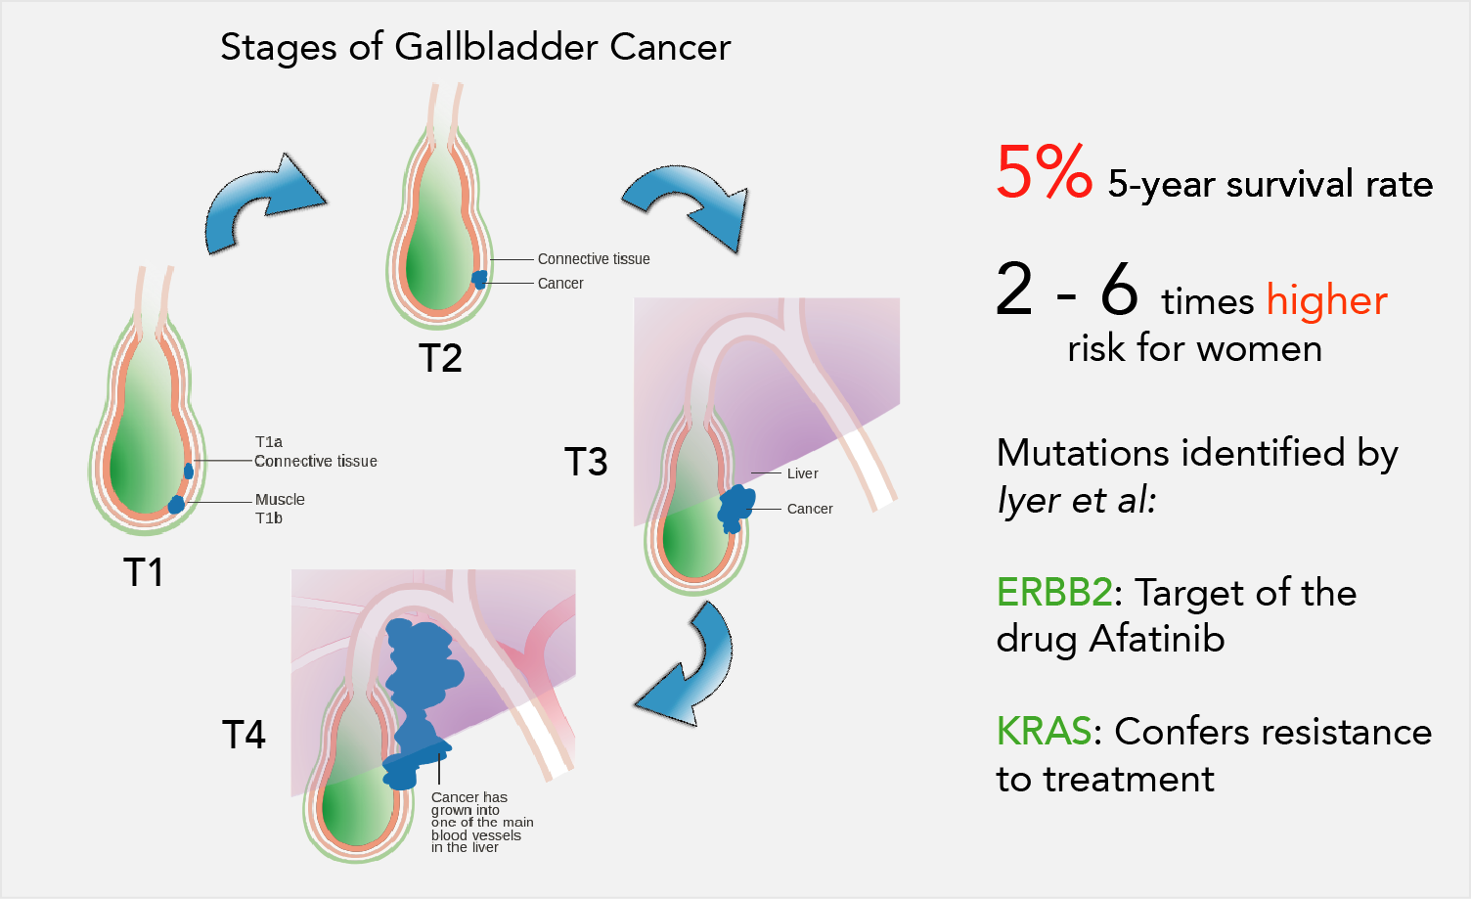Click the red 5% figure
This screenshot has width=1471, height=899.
coord(1045,172)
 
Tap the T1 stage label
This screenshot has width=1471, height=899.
coord(143,572)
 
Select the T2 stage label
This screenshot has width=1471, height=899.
coord(440,359)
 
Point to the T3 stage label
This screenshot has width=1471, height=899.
coord(586,461)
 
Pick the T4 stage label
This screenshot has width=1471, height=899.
coord(244,735)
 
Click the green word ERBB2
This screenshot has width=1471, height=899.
coord(1054,593)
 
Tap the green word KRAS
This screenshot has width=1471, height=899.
coord(1045,731)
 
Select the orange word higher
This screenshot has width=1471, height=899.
coord(1327,300)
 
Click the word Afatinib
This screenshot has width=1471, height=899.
coord(1157,639)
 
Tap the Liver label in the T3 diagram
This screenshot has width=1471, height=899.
coord(802,473)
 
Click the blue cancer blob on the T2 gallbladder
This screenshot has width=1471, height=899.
coord(480,280)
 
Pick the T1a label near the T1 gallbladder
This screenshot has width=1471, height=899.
coord(269,442)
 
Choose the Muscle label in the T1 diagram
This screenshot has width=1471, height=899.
coord(280,500)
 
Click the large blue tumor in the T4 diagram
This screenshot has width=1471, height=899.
coord(421,697)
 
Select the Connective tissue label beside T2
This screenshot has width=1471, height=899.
coord(594,259)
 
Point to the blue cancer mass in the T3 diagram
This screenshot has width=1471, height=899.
coord(735,509)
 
